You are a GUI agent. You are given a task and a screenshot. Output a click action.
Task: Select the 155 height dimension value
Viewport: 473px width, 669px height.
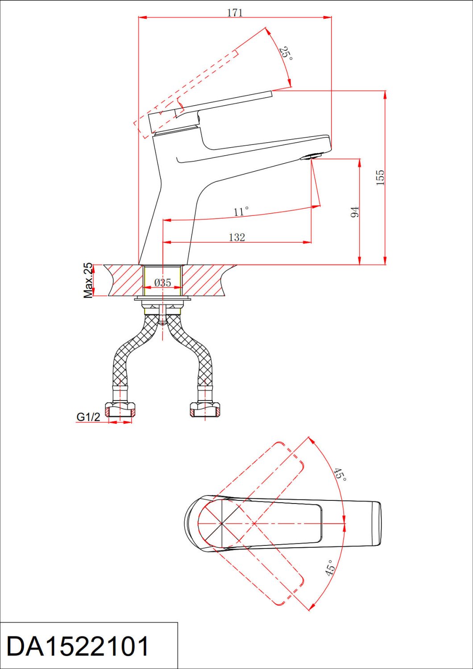tap(380, 178)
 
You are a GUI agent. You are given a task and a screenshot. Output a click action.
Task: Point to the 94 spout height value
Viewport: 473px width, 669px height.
tap(355, 211)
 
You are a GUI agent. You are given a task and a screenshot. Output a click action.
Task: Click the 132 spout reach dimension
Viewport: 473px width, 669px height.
tap(236, 237)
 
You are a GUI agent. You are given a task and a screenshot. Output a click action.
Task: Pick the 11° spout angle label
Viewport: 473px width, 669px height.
tap(241, 211)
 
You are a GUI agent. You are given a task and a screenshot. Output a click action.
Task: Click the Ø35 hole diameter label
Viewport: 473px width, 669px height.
tap(163, 282)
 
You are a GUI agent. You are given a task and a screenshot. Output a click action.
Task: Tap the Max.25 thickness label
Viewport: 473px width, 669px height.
tap(88, 281)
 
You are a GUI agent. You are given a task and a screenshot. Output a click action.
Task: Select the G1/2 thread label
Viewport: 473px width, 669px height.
tap(88, 417)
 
